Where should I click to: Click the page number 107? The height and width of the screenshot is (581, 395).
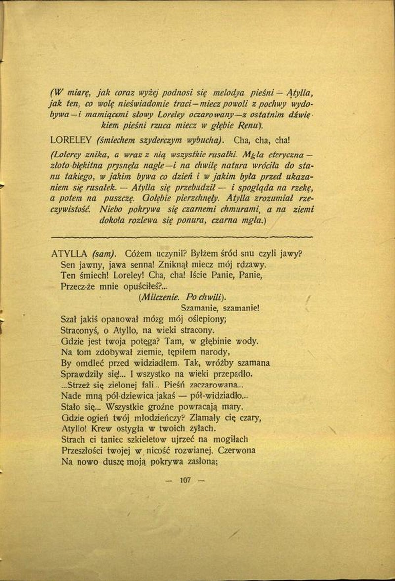(186, 479)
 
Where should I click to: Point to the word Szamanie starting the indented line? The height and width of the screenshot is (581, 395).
(194, 308)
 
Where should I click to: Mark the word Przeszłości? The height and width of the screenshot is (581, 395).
(84, 451)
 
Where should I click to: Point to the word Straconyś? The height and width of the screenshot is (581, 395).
(81, 330)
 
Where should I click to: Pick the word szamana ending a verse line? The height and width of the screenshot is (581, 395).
(252, 363)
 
